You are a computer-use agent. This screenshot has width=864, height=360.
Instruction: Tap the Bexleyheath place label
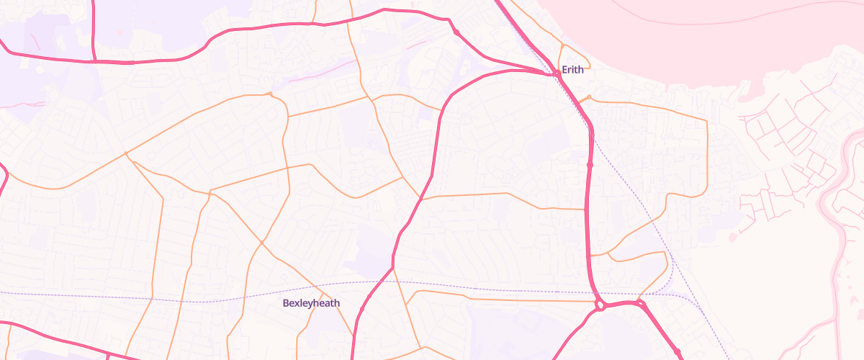pos(311,304)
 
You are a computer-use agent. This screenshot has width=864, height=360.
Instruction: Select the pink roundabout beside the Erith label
pos(557,73)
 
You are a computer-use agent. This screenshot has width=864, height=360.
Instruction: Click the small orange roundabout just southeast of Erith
pos(589,97)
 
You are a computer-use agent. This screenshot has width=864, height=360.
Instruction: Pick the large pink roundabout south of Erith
pos(600,306)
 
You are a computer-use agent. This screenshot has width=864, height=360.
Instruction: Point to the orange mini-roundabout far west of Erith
pos(270,94)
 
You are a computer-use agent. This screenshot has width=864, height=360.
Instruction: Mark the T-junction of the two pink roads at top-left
pos(94,62)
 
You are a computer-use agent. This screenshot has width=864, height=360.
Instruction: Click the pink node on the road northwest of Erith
pos(456,32)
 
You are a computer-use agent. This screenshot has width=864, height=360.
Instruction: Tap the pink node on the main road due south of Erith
pos(590,165)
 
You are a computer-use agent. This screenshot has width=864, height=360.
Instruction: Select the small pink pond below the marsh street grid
pos(732,237)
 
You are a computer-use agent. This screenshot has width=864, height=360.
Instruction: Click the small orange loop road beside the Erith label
pos(562,54)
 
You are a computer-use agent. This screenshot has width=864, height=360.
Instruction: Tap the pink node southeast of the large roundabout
pos(678,351)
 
